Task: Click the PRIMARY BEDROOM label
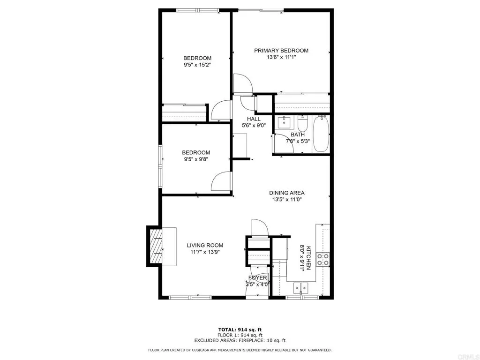tap(281, 51)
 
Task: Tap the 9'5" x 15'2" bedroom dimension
tap(197, 65)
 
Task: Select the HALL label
tap(254, 119)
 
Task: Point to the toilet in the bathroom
tap(302, 125)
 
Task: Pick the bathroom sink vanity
tap(285, 123)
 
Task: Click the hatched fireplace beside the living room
tap(155, 246)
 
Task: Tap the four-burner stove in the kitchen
tap(322, 259)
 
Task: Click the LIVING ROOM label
tap(205, 245)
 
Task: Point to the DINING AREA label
tap(287, 193)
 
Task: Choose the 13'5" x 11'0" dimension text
tap(287, 199)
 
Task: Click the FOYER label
tap(257, 277)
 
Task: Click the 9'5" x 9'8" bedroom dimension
tap(196, 159)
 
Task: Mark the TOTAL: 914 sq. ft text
tap(240, 330)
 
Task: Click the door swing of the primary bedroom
tap(243, 83)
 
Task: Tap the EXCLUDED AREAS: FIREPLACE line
tap(240, 340)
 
